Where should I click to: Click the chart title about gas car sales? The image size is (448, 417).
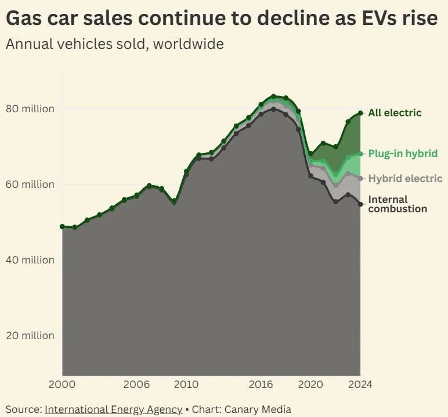(x=221, y=19)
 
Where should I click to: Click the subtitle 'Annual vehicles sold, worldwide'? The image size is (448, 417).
(x=114, y=44)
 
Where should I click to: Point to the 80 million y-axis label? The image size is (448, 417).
(x=30, y=109)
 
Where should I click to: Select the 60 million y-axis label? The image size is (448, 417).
(x=30, y=184)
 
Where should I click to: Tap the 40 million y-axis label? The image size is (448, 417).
(x=30, y=260)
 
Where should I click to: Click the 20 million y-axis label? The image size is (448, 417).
(x=30, y=336)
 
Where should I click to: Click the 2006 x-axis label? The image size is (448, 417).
(x=136, y=384)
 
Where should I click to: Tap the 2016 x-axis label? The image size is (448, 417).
(x=261, y=384)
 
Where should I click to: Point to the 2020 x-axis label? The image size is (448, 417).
(x=310, y=384)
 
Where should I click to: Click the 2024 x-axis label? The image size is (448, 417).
(x=360, y=384)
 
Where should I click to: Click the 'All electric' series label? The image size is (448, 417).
(x=395, y=113)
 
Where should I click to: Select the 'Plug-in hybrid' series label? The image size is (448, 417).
(x=401, y=154)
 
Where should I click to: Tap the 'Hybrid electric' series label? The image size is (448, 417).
(x=405, y=179)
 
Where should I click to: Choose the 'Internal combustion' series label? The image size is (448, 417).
(x=398, y=204)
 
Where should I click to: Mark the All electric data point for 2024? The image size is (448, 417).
(x=360, y=113)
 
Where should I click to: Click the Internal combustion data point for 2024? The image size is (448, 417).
(x=360, y=204)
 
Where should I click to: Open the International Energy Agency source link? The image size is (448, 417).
(x=113, y=409)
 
